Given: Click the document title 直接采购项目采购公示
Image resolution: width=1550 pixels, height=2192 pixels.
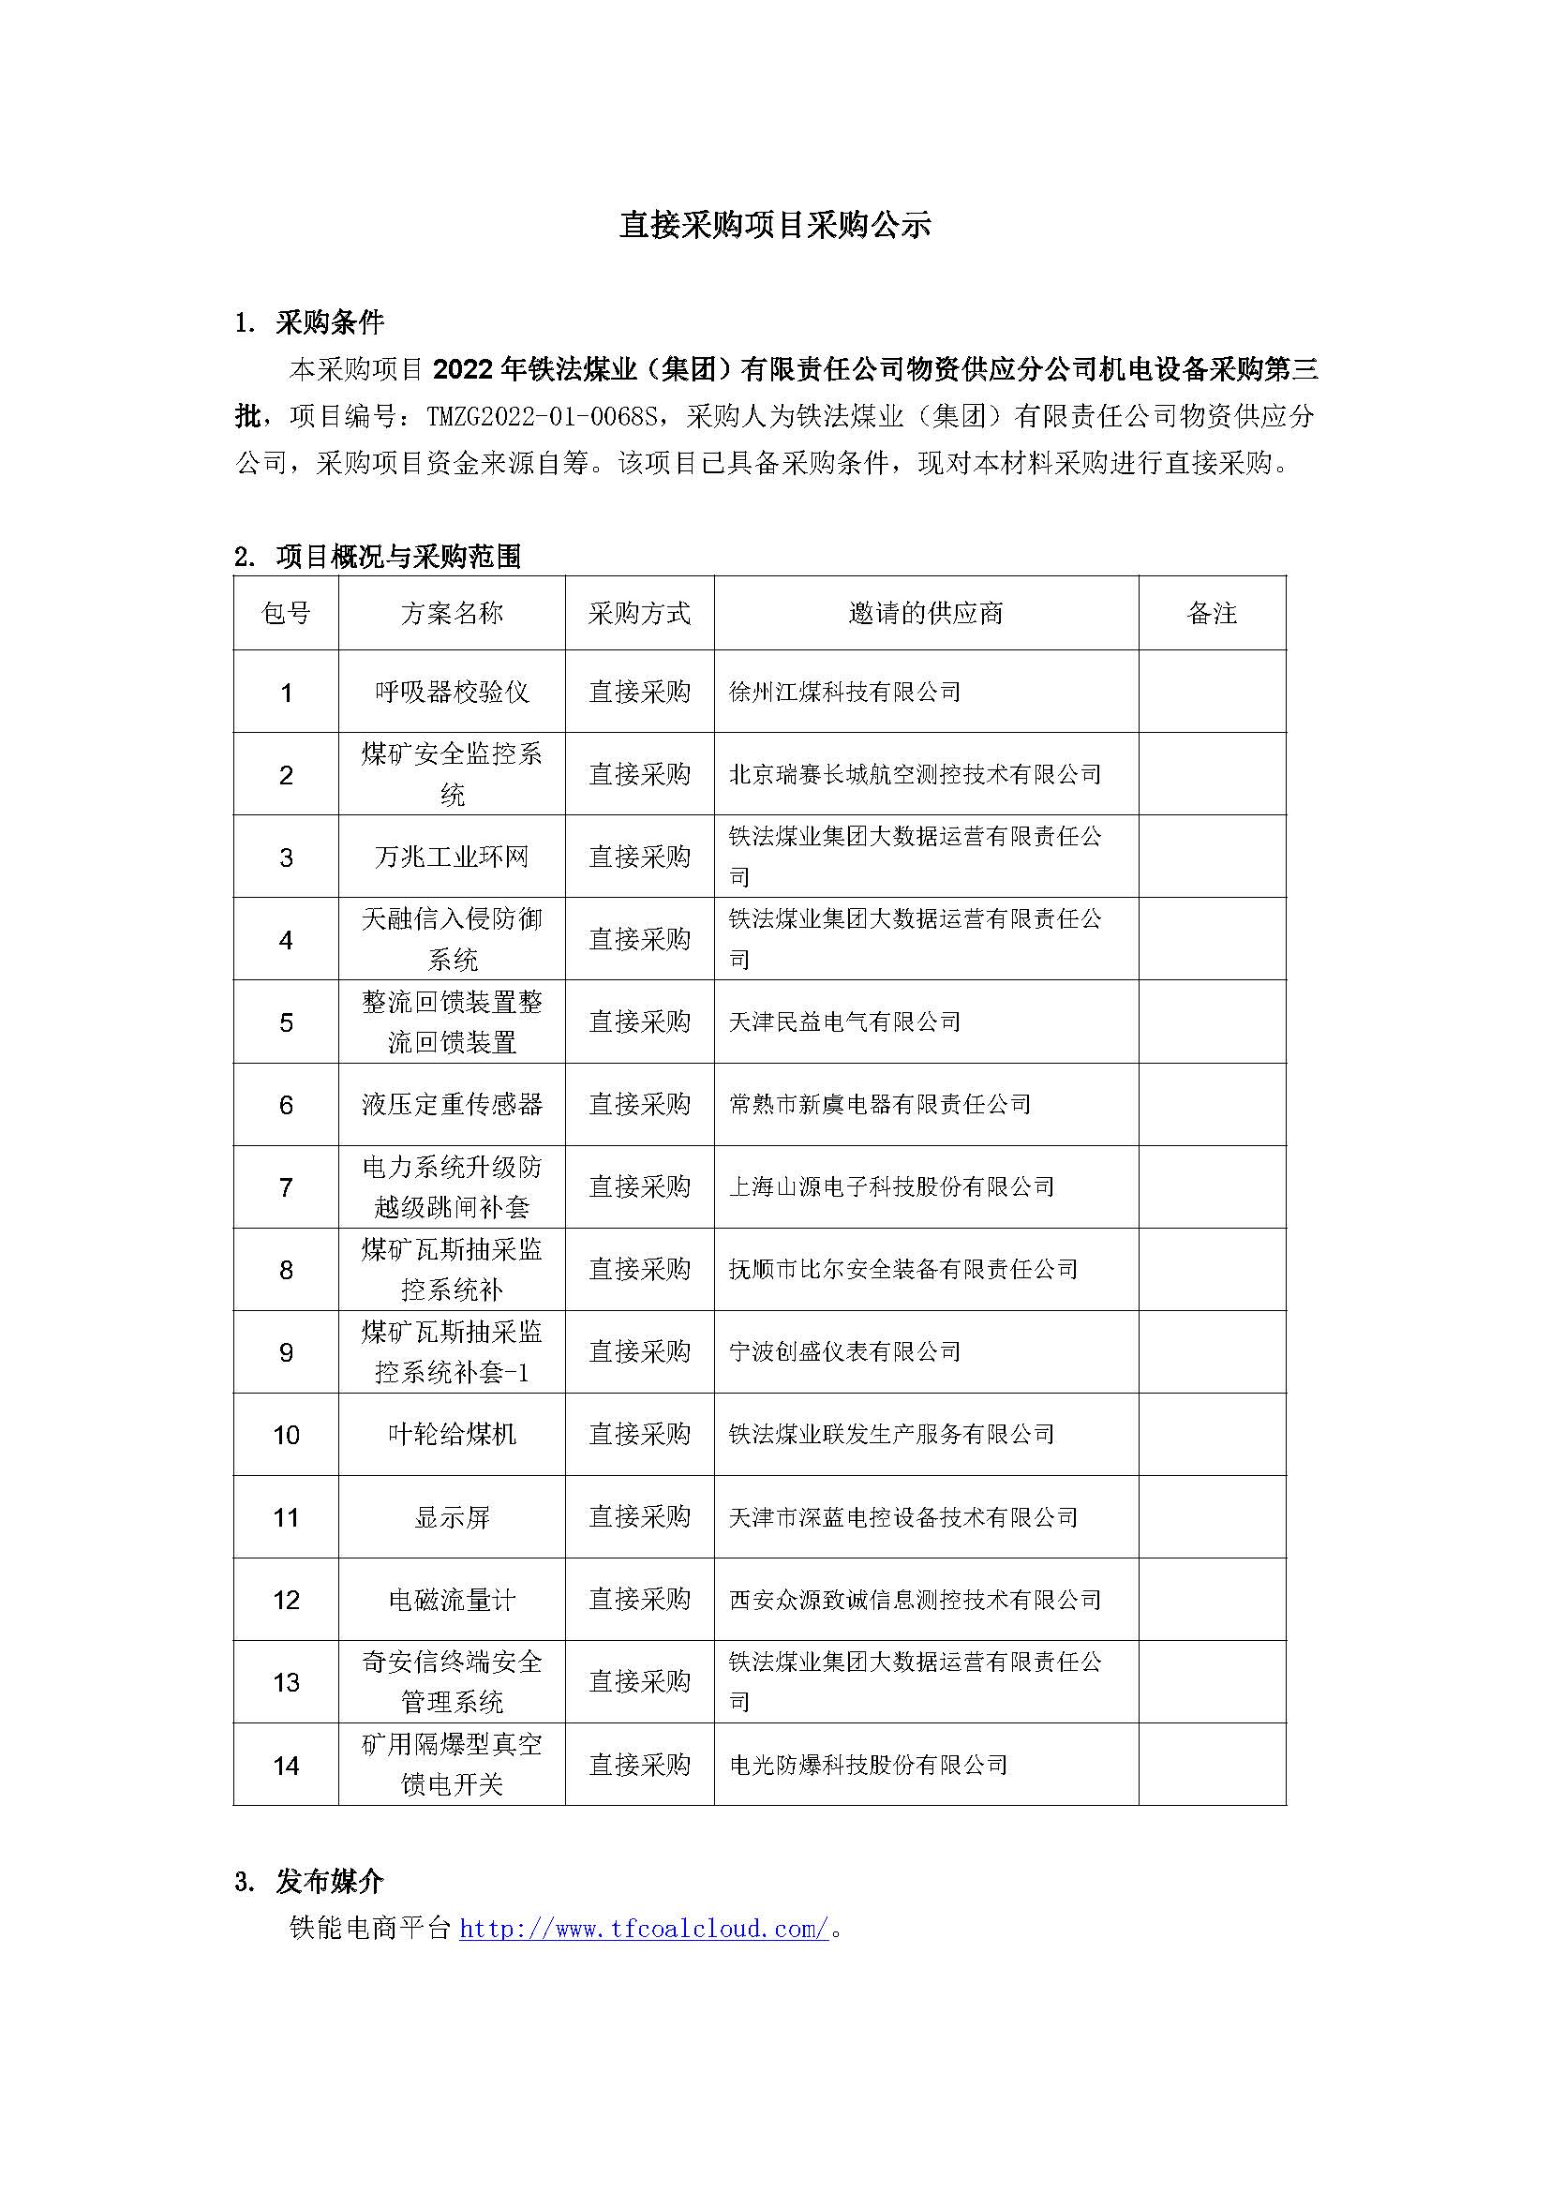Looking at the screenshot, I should point(774,225).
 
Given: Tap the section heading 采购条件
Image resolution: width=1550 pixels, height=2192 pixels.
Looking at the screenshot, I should point(329,322).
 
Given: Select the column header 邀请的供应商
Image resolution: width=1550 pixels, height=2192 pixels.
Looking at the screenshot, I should point(926,613).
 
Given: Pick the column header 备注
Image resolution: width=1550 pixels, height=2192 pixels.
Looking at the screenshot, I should point(1211,613).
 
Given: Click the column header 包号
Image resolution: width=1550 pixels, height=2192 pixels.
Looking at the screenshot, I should point(286,613).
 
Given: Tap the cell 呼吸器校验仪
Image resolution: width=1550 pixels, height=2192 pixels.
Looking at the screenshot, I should point(452,693).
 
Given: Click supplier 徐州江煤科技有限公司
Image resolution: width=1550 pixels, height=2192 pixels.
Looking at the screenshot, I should point(844,693).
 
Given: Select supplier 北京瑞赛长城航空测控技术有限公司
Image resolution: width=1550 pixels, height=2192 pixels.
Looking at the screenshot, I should point(915,774).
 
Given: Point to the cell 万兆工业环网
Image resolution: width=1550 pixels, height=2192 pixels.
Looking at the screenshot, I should point(452,857).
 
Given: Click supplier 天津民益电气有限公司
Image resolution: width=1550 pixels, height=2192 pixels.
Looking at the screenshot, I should point(844,1021).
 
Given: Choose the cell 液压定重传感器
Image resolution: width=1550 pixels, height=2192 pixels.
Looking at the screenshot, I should point(452,1105).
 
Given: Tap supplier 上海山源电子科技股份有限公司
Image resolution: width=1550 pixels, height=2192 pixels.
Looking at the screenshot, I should point(891,1186).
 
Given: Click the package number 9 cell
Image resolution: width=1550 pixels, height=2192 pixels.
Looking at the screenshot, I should point(286,1352).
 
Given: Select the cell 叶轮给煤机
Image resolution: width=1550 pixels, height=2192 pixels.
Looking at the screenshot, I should point(452,1434).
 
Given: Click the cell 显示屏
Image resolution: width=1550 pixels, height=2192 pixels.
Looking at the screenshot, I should point(452,1517).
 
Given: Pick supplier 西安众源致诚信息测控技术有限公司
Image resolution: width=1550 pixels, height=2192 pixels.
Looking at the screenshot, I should point(915,1600).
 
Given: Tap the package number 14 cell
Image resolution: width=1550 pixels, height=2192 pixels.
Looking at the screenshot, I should point(286,1766).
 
